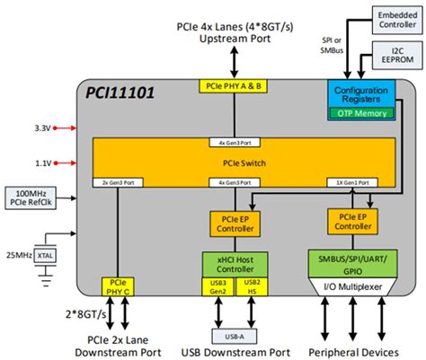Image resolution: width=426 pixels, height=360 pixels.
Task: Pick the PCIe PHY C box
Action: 117,288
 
